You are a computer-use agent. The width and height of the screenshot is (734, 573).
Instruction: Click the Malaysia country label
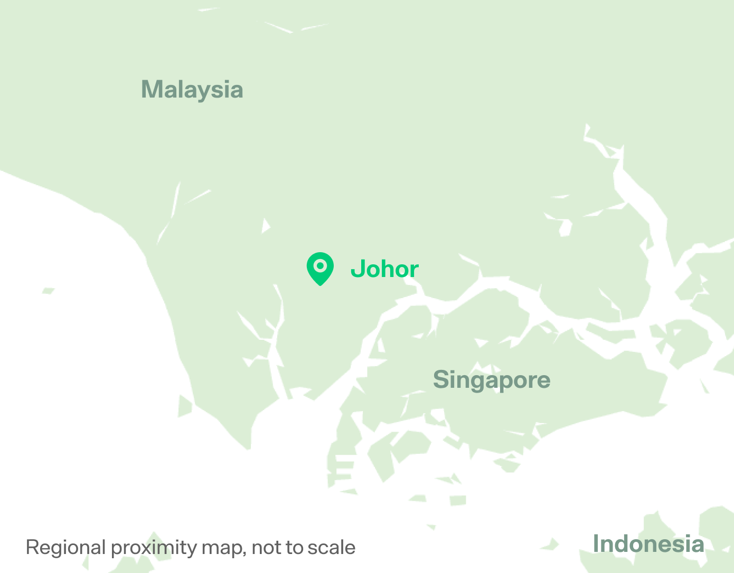pyautogui.click(x=192, y=90)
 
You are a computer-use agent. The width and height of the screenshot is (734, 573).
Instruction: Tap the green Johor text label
pyautogui.click(x=384, y=269)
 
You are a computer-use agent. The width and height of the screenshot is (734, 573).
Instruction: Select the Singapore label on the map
pyautogui.click(x=492, y=380)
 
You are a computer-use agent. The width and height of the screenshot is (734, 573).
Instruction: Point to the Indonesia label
pyautogui.click(x=648, y=544)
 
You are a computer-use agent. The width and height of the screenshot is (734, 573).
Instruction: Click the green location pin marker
pyautogui.click(x=320, y=268)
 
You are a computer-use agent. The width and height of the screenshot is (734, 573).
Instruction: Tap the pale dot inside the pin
pyautogui.click(x=320, y=265)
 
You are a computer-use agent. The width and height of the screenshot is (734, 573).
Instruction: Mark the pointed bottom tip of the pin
pyautogui.click(x=320, y=285)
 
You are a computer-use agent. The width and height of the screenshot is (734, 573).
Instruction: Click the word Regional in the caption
pyautogui.click(x=65, y=548)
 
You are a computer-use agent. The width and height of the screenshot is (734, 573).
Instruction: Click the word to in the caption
pyautogui.click(x=295, y=548)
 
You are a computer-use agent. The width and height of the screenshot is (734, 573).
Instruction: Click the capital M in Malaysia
pyautogui.click(x=151, y=89)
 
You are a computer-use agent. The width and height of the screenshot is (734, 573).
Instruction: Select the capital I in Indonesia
pyautogui.click(x=596, y=544)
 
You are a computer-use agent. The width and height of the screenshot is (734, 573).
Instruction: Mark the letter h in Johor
pyautogui.click(x=387, y=269)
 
